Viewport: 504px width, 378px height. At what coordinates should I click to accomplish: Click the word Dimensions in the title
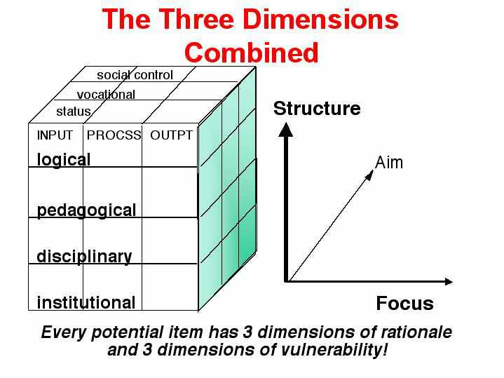pyautogui.click(x=320, y=20)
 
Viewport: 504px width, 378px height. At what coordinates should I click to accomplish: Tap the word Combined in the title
pyautogui.click(x=252, y=53)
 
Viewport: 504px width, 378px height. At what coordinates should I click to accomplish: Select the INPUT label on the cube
pyautogui.click(x=55, y=135)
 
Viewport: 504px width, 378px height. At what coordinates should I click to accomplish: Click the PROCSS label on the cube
pyautogui.click(x=114, y=135)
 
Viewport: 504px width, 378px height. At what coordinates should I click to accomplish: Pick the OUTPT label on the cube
pyautogui.click(x=171, y=135)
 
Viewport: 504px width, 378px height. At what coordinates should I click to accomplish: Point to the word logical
pyautogui.click(x=64, y=160)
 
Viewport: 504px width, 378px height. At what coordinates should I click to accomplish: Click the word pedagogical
pyautogui.click(x=86, y=210)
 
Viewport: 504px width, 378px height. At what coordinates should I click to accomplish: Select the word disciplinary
pyautogui.click(x=84, y=257)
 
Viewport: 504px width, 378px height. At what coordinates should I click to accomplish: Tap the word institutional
pyautogui.click(x=86, y=302)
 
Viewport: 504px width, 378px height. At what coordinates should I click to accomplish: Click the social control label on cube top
pyautogui.click(x=135, y=75)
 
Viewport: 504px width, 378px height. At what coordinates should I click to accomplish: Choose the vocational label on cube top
pyautogui.click(x=106, y=95)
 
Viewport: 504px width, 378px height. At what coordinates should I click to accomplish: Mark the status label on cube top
pyautogui.click(x=74, y=112)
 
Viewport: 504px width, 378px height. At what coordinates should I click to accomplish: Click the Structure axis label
pyautogui.click(x=317, y=109)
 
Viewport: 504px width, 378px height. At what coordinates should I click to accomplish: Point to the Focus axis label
pyautogui.click(x=404, y=304)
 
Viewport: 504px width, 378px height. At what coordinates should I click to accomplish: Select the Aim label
pyautogui.click(x=389, y=163)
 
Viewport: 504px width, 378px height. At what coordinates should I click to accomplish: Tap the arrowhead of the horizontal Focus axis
pyautogui.click(x=449, y=282)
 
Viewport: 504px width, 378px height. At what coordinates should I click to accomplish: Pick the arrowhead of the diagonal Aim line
pyautogui.click(x=370, y=175)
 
